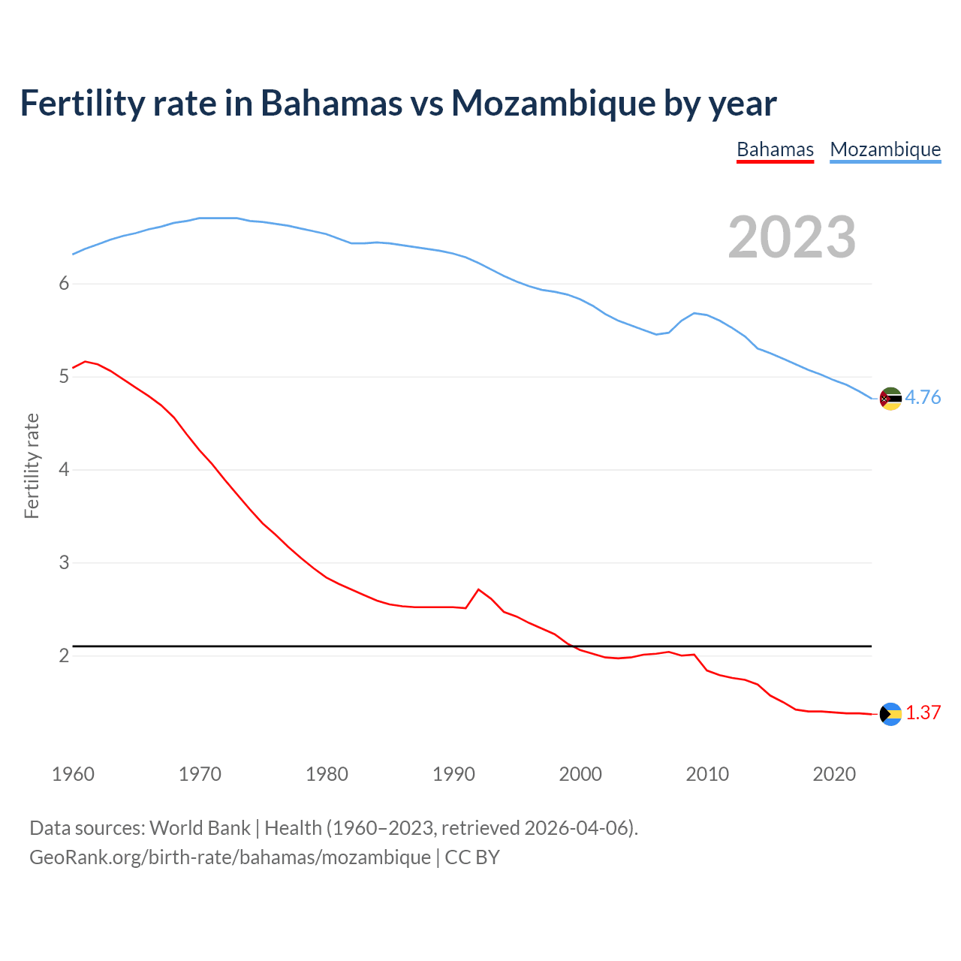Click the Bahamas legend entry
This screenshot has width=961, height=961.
(775, 149)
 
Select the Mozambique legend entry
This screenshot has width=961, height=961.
(885, 149)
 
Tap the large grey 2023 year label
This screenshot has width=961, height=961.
(792, 237)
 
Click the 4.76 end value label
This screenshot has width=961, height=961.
(923, 398)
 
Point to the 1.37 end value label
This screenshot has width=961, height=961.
(923, 713)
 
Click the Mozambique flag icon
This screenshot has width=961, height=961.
(890, 399)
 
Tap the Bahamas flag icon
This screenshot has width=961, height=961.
(890, 714)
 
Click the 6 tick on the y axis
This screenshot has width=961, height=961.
(65, 284)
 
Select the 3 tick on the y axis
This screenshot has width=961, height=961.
(65, 562)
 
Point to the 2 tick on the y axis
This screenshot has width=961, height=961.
(65, 655)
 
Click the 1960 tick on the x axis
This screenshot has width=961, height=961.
(73, 774)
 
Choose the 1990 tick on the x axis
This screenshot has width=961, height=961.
(453, 774)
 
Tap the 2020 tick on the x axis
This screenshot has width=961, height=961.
(834, 774)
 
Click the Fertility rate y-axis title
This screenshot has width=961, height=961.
(32, 465)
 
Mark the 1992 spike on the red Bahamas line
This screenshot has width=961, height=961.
(479, 589)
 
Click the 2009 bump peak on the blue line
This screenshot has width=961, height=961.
(694, 313)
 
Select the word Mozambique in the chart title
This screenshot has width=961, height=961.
(553, 103)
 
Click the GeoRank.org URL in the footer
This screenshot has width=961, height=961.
(230, 857)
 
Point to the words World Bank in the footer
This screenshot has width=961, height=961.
(200, 828)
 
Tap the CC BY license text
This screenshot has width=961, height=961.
(472, 857)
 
